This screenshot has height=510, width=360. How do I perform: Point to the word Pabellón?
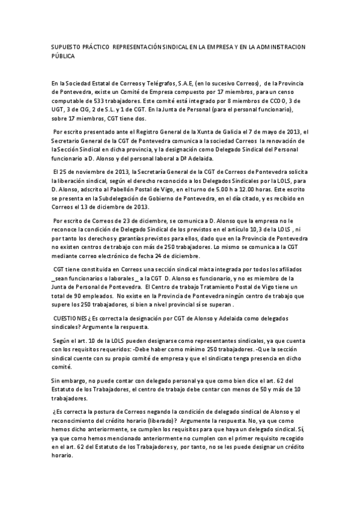point(130,189)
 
